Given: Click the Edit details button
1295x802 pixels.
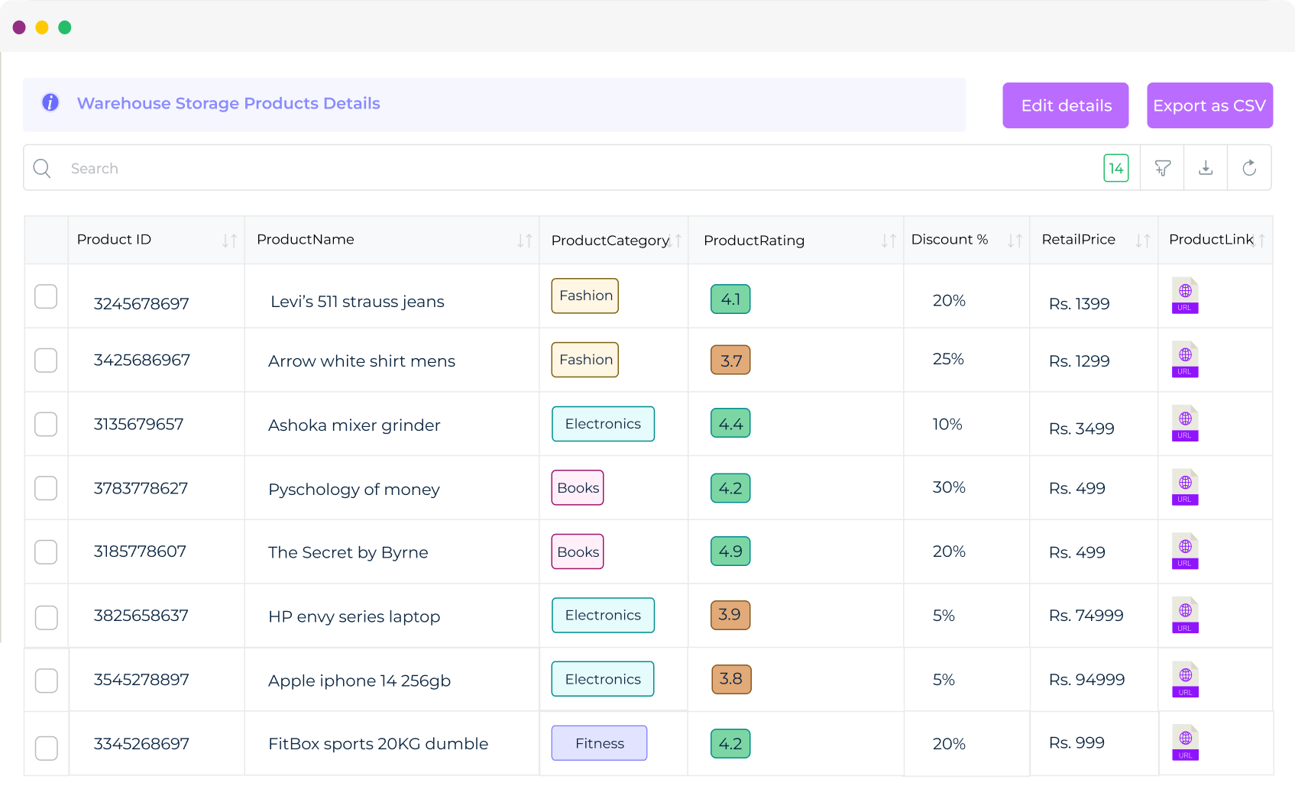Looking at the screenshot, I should coord(1065,105).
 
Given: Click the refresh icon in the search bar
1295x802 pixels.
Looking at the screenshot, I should coord(1249,168).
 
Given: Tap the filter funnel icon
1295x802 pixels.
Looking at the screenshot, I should coord(1162,168).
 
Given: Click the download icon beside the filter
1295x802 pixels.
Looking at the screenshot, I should coord(1206,168).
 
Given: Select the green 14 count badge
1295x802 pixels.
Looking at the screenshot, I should coord(1115,168).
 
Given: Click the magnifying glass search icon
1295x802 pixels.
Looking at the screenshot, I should coord(42,168).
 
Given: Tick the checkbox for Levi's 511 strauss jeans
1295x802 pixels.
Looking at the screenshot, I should coord(46,296).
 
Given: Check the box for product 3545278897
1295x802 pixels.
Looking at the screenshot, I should coord(46,681).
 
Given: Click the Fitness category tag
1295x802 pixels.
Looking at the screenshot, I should coord(599,743).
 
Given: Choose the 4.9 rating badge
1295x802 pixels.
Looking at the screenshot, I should coord(730,551).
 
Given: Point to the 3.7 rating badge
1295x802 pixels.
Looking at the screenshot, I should coord(730,361).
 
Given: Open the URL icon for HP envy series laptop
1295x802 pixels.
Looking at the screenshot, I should coord(1185,615).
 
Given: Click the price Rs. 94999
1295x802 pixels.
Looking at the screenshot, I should coord(1086,680).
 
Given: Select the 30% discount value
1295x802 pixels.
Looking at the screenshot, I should coord(949,487).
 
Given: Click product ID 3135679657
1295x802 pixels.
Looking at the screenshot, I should coord(138,425).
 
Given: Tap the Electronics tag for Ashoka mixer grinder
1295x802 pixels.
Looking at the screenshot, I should coord(603,424).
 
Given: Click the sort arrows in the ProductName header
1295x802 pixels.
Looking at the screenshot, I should coord(524,241).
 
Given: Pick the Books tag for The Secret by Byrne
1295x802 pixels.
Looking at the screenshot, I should coord(578,551).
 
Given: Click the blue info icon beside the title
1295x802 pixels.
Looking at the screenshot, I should coord(50,102).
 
